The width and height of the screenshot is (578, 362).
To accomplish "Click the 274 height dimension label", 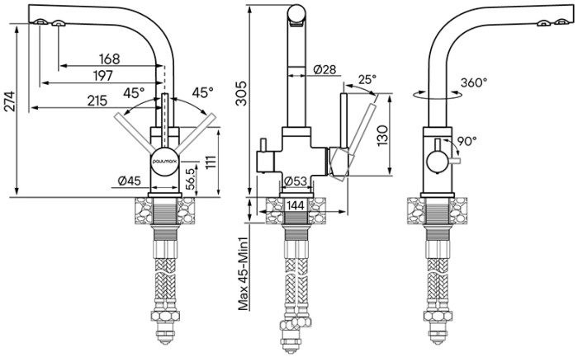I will coord(9,101).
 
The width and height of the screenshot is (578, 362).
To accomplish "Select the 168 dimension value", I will coord(109,59).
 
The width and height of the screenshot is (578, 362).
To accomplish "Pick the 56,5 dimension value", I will coord(190,179).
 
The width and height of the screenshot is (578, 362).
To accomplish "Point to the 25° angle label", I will coord(367,80).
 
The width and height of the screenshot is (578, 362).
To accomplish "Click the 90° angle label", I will coord(467,141).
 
